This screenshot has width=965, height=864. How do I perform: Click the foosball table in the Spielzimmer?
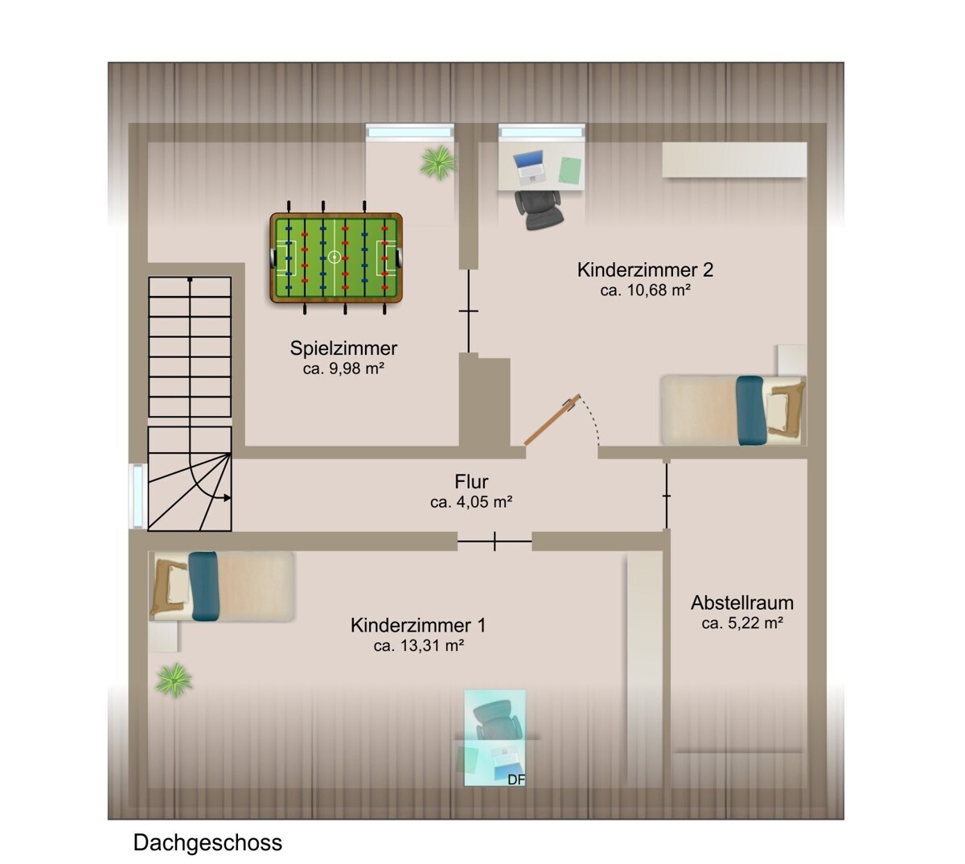pyautogui.click(x=335, y=258)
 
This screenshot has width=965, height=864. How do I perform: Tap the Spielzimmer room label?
pyautogui.click(x=343, y=348)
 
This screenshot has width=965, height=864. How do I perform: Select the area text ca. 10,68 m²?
pyautogui.click(x=645, y=290)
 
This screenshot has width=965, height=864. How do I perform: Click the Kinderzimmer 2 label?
pyautogui.click(x=645, y=269)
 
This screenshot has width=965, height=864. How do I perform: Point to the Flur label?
pyautogui.click(x=471, y=482)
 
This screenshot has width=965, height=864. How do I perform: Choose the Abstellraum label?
pyautogui.click(x=741, y=603)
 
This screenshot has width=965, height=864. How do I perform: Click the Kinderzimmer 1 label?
pyautogui.click(x=417, y=625)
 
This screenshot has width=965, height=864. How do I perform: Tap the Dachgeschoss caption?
pyautogui.click(x=207, y=843)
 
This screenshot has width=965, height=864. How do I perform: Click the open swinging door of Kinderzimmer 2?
pyautogui.click(x=552, y=420)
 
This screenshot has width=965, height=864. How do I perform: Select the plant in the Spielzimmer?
pyautogui.click(x=437, y=162)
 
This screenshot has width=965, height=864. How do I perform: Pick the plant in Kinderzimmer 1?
pyautogui.click(x=174, y=681)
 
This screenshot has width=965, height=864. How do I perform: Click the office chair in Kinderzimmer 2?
pyautogui.click(x=536, y=208)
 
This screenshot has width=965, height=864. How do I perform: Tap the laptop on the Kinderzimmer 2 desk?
pyautogui.click(x=529, y=164)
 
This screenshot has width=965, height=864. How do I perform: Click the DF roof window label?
pyautogui.click(x=515, y=779)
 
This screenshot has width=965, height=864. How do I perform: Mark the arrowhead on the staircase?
pyautogui.click(x=228, y=498)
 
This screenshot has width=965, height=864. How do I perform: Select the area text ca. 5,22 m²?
pyautogui.click(x=741, y=623)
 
